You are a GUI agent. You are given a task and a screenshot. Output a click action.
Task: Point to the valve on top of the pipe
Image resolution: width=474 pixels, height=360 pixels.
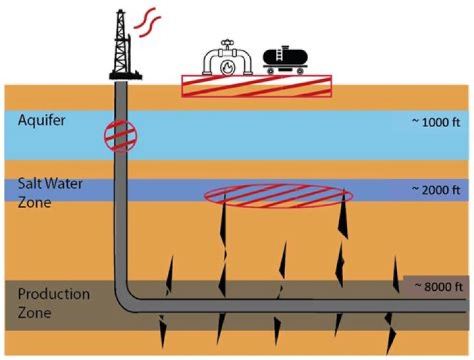coord(228,45)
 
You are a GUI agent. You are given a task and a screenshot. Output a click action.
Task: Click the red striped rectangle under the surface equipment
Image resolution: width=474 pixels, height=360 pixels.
coord(257,86)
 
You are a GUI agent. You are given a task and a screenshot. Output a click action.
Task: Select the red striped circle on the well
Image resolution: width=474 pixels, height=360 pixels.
coord(121,136)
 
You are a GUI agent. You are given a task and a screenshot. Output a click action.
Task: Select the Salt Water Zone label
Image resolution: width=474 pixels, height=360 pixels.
coord(41,193)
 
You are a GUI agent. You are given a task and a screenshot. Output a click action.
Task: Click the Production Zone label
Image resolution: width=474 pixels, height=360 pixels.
coord(45,303)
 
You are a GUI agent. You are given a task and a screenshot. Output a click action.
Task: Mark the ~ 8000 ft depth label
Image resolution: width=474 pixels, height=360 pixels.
coord(437,286)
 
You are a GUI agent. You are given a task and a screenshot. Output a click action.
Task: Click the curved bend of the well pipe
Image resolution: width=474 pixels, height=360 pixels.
coord(126,299)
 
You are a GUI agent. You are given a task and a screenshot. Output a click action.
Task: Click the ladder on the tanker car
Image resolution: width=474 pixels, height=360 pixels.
coord(284,55)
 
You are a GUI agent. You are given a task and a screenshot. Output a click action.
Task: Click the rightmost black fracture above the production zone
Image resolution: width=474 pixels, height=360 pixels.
coord(396,273)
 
